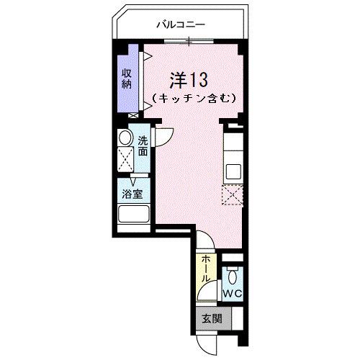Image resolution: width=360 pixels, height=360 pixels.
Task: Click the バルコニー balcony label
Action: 181,24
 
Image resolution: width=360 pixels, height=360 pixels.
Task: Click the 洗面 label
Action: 143,146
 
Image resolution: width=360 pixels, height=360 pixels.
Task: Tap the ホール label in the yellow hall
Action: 206,269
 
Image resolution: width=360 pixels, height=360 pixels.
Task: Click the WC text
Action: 231,294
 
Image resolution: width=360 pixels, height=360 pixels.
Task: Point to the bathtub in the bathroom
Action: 133,215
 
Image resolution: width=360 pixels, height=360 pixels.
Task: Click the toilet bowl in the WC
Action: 232,276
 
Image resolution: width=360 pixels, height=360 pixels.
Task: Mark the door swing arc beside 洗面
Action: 165,137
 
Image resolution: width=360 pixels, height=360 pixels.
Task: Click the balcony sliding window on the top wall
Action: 189,41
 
